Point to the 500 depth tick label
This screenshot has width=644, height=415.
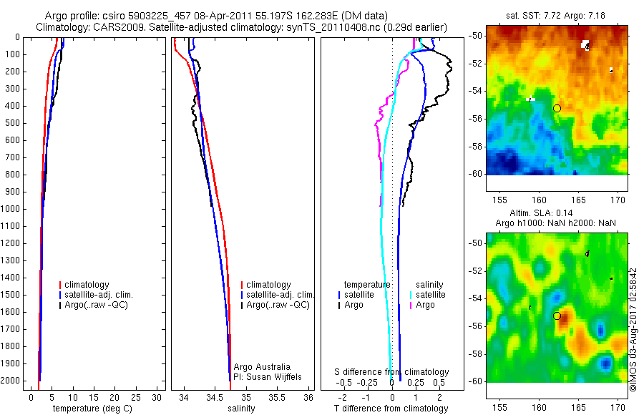(x=15, y=123)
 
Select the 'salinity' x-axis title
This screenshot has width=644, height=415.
(x=241, y=409)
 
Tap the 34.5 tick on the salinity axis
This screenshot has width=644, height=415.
(x=215, y=396)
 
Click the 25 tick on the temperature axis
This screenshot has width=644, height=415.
(x=137, y=396)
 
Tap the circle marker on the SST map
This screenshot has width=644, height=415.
(x=557, y=108)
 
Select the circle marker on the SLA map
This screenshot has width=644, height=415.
(x=557, y=316)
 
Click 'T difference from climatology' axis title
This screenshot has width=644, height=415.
(x=391, y=409)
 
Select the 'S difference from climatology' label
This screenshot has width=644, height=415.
(x=392, y=372)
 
